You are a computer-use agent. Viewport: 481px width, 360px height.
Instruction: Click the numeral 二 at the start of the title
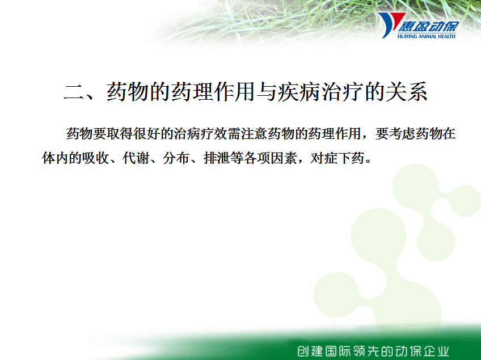pyautogui.click(x=74, y=92)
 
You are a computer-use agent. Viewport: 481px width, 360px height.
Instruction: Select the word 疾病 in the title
pyautogui.click(x=298, y=92)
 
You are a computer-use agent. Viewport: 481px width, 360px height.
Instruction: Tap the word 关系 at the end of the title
pyautogui.click(x=406, y=92)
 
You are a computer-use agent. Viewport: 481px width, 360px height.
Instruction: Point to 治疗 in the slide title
pyautogui.click(x=341, y=92)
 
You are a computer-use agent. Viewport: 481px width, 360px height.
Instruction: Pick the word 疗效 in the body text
pyautogui.click(x=214, y=133)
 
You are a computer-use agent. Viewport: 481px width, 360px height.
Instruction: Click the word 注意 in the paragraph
pyautogui.click(x=254, y=133)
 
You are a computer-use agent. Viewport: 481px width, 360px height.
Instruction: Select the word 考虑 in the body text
pyautogui.click(x=402, y=133)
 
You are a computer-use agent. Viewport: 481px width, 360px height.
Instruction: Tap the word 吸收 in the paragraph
pyautogui.click(x=96, y=158)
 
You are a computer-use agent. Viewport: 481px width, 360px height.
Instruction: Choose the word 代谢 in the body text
pyautogui.click(x=136, y=158)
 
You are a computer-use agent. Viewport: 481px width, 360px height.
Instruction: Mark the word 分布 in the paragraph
pyautogui.click(x=176, y=158)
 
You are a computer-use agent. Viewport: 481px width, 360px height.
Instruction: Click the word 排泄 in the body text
pyautogui.click(x=217, y=158)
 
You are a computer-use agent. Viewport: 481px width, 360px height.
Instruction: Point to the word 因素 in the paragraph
pyautogui.click(x=284, y=158)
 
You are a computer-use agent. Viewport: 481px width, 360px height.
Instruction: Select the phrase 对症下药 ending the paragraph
pyautogui.click(x=337, y=158)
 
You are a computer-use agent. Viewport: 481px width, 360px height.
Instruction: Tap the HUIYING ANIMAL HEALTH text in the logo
pyautogui.click(x=427, y=36)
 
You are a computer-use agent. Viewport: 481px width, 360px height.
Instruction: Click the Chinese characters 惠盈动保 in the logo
pyautogui.click(x=429, y=26)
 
